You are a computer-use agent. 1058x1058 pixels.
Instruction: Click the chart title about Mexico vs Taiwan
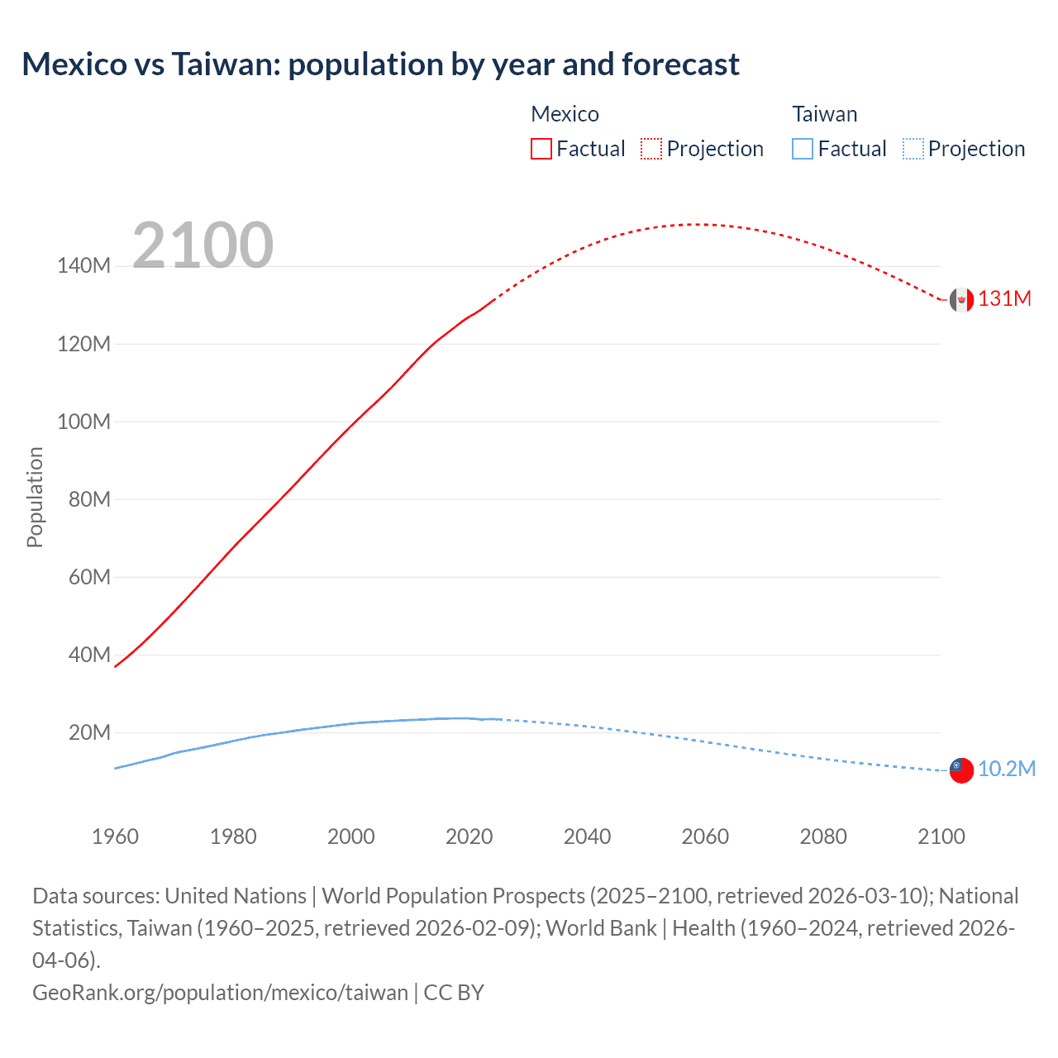pyautogui.click(x=380, y=64)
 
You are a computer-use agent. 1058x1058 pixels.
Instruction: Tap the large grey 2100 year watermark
pyautogui.click(x=203, y=245)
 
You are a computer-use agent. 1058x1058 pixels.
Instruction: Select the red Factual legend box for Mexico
pyautogui.click(x=541, y=149)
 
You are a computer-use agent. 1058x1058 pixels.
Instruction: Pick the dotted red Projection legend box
pyautogui.click(x=651, y=149)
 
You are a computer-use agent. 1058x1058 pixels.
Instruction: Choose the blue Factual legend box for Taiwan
pyautogui.click(x=803, y=149)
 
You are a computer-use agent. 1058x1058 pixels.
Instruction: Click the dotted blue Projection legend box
pyautogui.click(x=913, y=149)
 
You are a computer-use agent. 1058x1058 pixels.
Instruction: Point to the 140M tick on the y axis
pyautogui.click(x=83, y=265)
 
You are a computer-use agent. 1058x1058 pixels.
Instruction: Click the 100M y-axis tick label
pyautogui.click(x=83, y=422)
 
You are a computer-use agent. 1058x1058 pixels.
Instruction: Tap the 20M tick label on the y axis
pyautogui.click(x=89, y=732)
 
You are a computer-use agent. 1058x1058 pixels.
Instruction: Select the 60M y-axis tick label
pyautogui.click(x=89, y=577)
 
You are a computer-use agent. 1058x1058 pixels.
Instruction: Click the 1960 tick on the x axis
pyautogui.click(x=115, y=836)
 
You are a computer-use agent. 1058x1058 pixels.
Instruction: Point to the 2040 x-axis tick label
pyautogui.click(x=587, y=836)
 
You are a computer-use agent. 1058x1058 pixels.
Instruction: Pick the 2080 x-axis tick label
pyautogui.click(x=823, y=836)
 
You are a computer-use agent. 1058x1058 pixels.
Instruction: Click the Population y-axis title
pyautogui.click(x=35, y=497)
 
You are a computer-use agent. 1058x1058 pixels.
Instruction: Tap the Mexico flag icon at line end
pyautogui.click(x=961, y=300)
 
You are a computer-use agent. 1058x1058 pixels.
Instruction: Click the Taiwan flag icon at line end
pyautogui.click(x=961, y=770)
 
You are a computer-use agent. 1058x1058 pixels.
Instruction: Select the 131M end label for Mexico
pyautogui.click(x=1004, y=299)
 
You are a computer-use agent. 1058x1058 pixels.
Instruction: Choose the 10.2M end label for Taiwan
pyautogui.click(x=1007, y=769)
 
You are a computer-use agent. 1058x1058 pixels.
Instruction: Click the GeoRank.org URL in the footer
pyautogui.click(x=220, y=993)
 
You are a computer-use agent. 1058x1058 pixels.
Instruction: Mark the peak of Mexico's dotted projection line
pyautogui.click(x=694, y=224)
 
